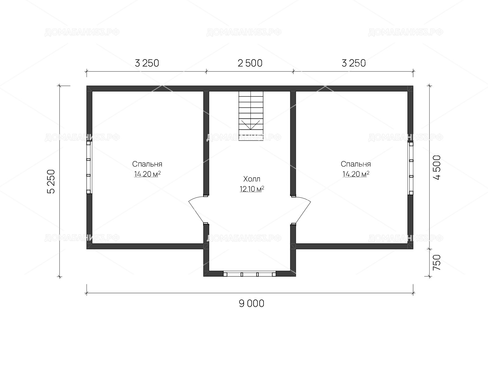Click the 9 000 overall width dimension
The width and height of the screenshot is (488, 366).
coord(251,303)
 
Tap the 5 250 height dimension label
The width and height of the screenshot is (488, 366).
coord(51,181)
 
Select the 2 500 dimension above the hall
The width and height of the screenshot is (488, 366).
coord(250,63)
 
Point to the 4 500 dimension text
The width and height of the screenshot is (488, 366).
coord(437,167)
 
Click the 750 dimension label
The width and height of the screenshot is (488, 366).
coord(437,262)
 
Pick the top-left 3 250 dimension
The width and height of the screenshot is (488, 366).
coord(147,63)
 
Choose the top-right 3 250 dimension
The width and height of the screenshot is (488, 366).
coord(353,63)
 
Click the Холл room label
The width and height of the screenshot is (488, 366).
coord(252,179)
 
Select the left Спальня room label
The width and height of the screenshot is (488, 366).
coord(147,164)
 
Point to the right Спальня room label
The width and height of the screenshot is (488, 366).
coord(356,164)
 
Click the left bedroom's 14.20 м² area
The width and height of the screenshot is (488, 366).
coord(147,174)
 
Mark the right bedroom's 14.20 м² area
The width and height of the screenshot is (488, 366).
coord(356,174)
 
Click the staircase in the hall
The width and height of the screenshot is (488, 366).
coord(251,116)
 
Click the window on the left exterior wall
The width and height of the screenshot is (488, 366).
coord(89,167)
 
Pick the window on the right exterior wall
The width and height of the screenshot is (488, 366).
coord(411,168)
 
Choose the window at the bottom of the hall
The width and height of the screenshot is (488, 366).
coord(249,274)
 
